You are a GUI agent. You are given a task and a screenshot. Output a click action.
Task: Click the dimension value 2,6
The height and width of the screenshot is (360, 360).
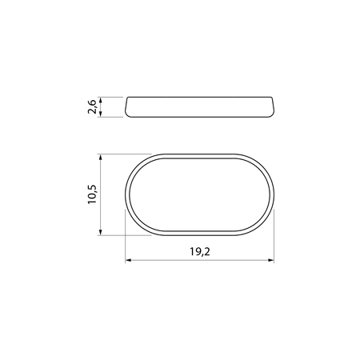[x=92, y=106]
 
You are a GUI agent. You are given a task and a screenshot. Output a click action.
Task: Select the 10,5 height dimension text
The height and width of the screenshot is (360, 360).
[x=92, y=194]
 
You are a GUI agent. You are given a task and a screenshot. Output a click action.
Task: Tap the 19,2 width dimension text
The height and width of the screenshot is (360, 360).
[x=200, y=252]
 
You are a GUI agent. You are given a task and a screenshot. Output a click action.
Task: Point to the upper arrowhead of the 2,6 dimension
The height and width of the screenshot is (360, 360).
[x=101, y=100]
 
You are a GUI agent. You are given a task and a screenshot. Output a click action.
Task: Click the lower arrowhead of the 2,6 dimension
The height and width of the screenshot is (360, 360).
[x=101, y=114]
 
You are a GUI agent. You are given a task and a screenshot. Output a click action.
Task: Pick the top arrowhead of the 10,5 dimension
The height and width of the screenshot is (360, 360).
[x=101, y=158]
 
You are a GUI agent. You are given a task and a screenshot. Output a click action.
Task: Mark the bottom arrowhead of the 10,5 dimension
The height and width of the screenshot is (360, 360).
[x=101, y=232]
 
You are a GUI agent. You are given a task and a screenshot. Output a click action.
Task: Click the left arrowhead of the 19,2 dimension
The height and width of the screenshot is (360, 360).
[x=129, y=260]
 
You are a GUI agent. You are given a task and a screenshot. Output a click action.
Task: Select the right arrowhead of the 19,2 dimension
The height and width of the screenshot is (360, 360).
[x=270, y=260]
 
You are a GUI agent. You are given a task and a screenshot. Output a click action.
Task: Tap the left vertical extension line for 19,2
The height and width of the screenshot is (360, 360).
[x=126, y=236]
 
